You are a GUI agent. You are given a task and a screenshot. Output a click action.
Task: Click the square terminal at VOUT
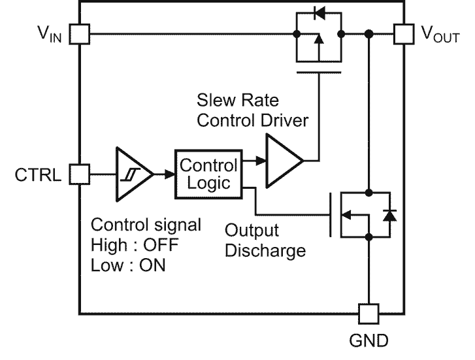(403, 33)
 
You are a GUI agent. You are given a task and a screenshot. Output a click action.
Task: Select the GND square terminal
(369, 314)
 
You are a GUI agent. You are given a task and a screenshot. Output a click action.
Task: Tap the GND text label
(369, 341)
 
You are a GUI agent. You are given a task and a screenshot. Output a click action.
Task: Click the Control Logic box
(209, 174)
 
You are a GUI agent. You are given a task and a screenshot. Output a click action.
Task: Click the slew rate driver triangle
(282, 159)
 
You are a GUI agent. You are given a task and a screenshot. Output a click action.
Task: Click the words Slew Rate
(237, 102)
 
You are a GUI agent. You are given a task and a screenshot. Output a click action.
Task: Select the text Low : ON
(129, 267)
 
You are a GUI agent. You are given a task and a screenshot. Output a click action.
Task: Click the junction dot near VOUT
(369, 33)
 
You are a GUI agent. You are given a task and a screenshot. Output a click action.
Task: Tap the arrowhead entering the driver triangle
(260, 159)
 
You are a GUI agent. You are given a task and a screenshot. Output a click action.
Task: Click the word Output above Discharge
(252, 231)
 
